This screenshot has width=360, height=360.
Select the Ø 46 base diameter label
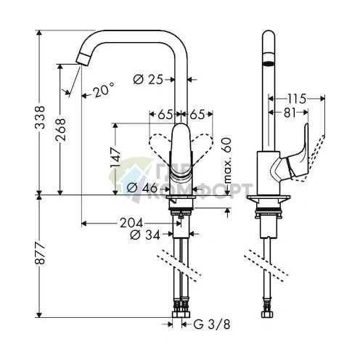click(x=142, y=187)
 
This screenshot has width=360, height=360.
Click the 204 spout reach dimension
click(x=131, y=222)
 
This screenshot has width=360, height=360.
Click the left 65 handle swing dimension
click(x=165, y=113)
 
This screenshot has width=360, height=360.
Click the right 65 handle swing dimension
click(x=197, y=113)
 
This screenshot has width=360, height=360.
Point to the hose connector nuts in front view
click(x=180, y=316)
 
